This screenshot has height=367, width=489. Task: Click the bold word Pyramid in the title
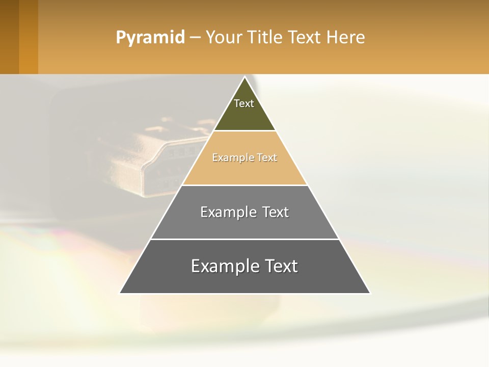tap(150, 38)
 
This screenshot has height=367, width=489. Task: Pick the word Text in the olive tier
tap(244, 103)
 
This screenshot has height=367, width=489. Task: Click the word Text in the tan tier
tap(267, 158)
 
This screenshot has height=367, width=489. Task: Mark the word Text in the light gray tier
tap(276, 212)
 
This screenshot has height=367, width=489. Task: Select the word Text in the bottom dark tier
tap(281, 266)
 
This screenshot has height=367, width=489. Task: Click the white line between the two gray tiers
tap(244, 239)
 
